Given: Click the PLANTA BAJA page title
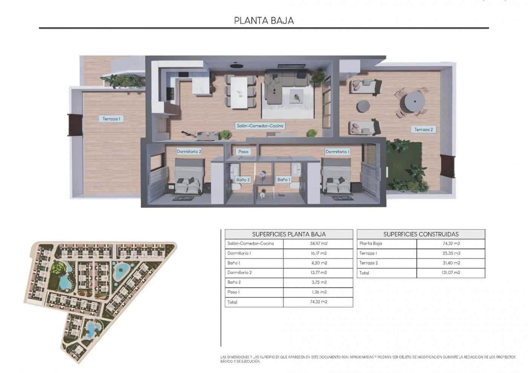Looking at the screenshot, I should click(264, 20).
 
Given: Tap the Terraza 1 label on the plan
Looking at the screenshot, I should click(111, 119).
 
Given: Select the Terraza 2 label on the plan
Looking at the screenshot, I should click(424, 129).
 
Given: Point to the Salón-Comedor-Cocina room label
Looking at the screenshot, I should click(260, 126).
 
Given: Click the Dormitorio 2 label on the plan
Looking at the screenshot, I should click(189, 152).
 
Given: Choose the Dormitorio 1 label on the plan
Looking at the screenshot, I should click(337, 152).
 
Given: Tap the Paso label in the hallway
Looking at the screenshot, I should click(243, 152).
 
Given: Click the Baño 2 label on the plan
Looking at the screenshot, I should click(243, 180).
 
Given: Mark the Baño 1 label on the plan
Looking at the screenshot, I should click(284, 180).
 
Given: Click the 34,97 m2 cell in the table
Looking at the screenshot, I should click(318, 244).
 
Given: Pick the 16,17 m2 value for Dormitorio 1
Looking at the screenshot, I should click(318, 253).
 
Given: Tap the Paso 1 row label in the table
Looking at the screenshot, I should click(234, 292).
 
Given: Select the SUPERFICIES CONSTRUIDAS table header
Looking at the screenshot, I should click(421, 234).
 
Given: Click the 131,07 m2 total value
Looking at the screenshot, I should click(451, 273).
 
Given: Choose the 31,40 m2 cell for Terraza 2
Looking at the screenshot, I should click(451, 263).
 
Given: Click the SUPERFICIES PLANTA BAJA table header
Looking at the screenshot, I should click(289, 234).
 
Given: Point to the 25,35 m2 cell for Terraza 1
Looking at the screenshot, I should click(451, 253).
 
